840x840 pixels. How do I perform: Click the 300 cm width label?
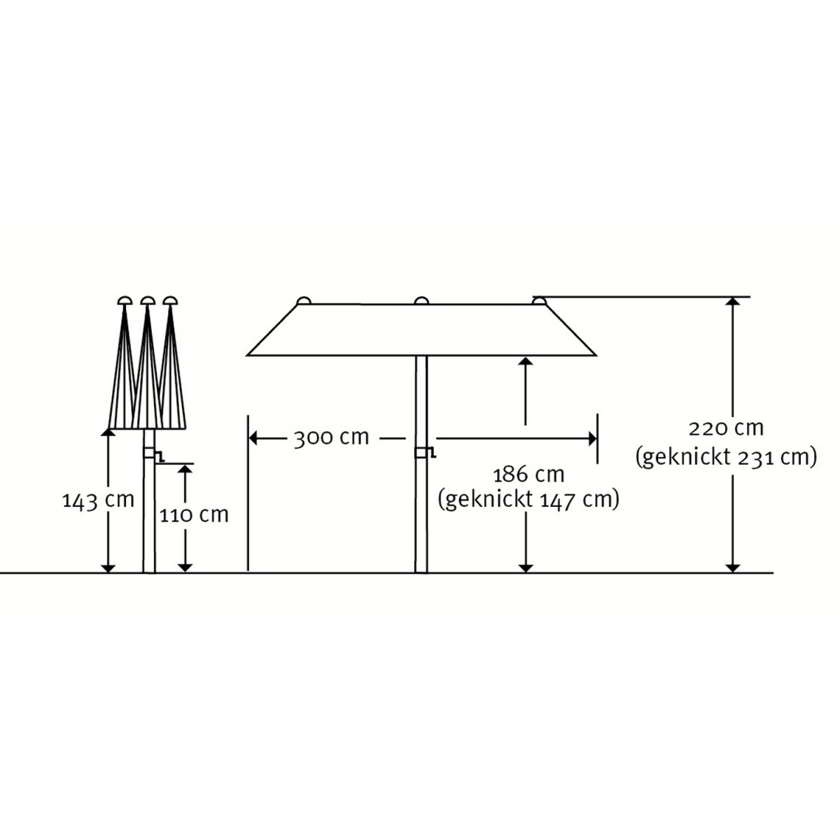pos(331,437)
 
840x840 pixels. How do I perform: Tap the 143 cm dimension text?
pos(98,500)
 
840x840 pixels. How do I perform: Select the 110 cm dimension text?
pos(194,515)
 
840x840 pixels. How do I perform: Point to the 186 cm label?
pos(528,475)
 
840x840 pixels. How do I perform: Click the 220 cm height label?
pos(726,428)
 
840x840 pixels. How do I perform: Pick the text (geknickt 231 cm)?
pos(726,458)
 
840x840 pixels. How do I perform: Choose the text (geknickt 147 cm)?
pos(528,500)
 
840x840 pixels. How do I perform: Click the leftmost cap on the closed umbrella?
pos(125,300)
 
